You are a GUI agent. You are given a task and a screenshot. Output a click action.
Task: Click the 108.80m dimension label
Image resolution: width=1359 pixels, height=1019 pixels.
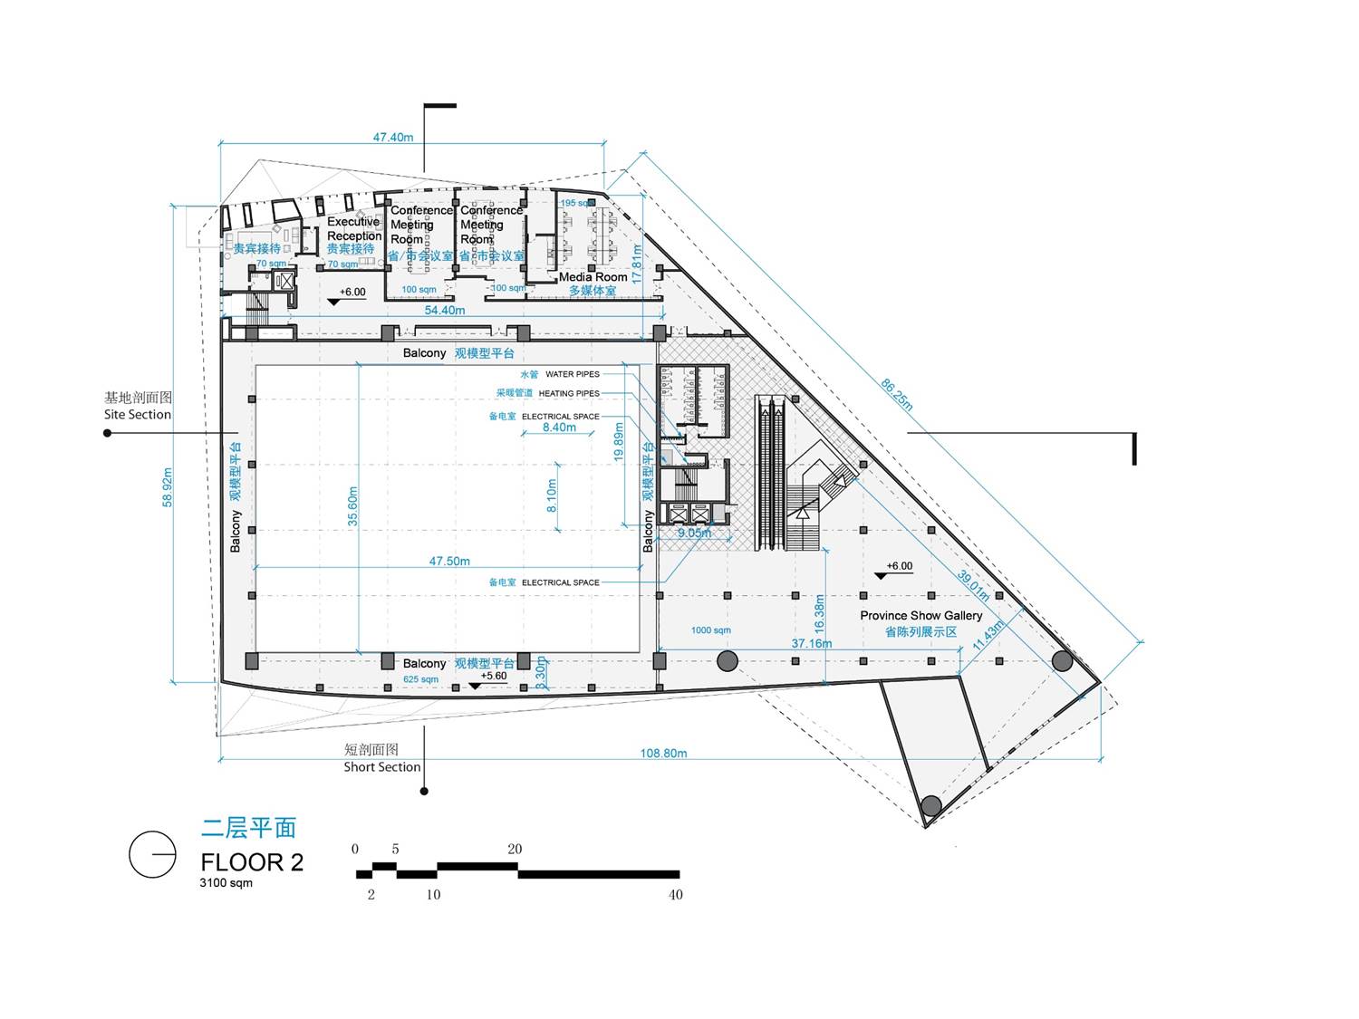pyautogui.click(x=663, y=753)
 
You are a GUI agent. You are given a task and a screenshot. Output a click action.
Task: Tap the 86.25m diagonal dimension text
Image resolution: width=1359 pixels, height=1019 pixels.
pyautogui.click(x=897, y=394)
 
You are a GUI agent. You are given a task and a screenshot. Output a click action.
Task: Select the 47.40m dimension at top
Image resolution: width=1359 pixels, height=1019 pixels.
pyautogui.click(x=393, y=138)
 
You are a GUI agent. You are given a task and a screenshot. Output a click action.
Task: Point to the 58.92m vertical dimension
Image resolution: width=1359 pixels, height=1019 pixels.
pyautogui.click(x=168, y=487)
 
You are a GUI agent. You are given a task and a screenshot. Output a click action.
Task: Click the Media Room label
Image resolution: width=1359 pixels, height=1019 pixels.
pyautogui.click(x=593, y=277)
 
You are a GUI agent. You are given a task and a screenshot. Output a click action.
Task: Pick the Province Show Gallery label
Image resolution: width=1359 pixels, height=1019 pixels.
pyautogui.click(x=920, y=616)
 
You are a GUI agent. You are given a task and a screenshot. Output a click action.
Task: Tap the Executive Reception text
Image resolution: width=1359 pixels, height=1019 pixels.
pyautogui.click(x=354, y=228)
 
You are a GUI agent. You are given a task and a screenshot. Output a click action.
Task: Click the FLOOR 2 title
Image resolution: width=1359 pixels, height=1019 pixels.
pyautogui.click(x=252, y=862)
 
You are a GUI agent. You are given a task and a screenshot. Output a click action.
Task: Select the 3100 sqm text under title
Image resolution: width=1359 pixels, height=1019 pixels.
pyautogui.click(x=226, y=883)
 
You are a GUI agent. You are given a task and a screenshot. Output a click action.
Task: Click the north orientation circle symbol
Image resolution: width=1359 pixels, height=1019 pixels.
pyautogui.click(x=152, y=854)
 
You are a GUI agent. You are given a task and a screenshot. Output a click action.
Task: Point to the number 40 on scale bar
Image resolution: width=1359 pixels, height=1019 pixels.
pyautogui.click(x=675, y=895)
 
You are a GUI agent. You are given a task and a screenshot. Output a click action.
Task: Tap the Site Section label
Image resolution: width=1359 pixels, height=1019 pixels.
pyautogui.click(x=138, y=415)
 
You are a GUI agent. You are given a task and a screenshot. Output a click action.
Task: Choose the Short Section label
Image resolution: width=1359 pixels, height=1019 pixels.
pyautogui.click(x=381, y=767)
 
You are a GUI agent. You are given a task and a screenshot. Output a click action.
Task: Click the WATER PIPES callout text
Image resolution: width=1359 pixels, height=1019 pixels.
pyautogui.click(x=572, y=374)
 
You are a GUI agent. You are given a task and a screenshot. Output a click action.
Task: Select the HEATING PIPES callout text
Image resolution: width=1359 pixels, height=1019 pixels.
pyautogui.click(x=569, y=394)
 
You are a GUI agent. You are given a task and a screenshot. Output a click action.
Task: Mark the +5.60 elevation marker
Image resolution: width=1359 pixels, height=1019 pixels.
pyautogui.click(x=494, y=677)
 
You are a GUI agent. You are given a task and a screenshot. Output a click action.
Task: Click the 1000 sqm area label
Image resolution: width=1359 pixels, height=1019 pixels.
pyautogui.click(x=710, y=630)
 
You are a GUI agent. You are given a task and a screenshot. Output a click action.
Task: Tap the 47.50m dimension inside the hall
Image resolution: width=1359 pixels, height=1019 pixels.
pyautogui.click(x=449, y=562)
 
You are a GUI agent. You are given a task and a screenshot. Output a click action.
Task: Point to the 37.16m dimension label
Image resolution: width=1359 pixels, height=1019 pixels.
pyautogui.click(x=812, y=644)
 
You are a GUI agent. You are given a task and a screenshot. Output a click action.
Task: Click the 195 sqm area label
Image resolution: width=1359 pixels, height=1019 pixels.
pyautogui.click(x=577, y=203)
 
